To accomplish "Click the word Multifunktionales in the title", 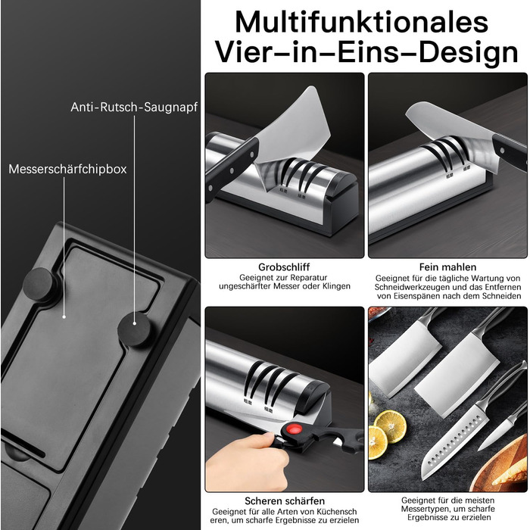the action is click(x=362, y=22).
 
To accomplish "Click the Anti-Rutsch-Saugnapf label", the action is click(x=134, y=108).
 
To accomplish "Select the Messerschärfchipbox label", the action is click(x=67, y=169).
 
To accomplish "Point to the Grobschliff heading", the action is click(x=284, y=267).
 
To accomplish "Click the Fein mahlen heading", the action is click(x=447, y=267).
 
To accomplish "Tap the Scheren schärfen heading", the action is click(x=285, y=500).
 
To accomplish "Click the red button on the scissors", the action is click(x=294, y=430).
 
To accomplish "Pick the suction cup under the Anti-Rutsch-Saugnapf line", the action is click(x=134, y=329).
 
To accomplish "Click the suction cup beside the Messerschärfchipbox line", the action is click(x=39, y=284).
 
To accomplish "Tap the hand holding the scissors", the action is click(x=247, y=461).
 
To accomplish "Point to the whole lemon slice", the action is click(x=390, y=427).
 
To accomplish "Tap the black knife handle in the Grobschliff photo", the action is click(x=230, y=166).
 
